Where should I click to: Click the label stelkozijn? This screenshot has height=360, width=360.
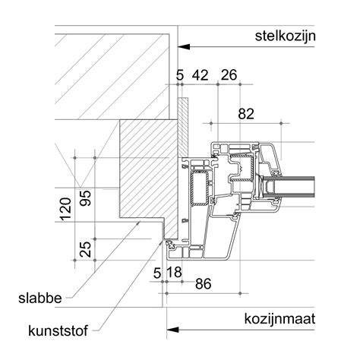pos(285,36)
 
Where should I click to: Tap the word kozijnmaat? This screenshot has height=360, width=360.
pos(279,319)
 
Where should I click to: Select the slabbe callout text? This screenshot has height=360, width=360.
pos(40,298)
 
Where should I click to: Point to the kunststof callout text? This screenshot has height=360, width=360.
pos(58,330)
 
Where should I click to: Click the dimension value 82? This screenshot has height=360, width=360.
pos(246,114)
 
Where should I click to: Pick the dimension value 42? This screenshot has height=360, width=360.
pos(201,75)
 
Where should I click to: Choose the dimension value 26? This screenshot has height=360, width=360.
pos(229,75)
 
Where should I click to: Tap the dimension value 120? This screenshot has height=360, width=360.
pos(65,210)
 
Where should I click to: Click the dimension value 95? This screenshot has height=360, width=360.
pos(85,197)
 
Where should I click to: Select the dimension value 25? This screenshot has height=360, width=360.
pos(85,249)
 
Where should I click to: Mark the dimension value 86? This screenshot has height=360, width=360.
pos(203,284)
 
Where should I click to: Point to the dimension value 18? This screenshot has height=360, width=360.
pos(175,273)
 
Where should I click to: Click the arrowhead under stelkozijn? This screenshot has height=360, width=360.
pos(184,47)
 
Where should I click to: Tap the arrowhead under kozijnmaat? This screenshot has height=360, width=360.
pos(173,330)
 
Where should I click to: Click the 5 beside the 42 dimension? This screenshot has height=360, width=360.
pos(179,75)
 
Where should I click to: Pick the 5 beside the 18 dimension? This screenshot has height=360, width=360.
pos(157,273)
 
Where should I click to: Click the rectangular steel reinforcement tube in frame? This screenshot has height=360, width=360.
pos(199,188)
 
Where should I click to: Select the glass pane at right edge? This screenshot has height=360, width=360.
pos(289,188)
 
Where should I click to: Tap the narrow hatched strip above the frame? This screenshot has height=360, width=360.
pos(183,127)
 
